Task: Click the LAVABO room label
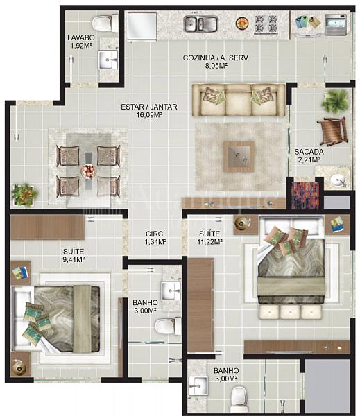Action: pos(81,37)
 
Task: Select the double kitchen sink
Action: pos(201,24)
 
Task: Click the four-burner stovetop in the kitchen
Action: pos(266,24)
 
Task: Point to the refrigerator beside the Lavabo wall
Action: pos(142,26)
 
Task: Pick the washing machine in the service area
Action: pos(336,25)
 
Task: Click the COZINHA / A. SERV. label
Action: pos(216,58)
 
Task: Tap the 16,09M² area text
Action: pos(148,115)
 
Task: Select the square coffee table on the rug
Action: pos(239,157)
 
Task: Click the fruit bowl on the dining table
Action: pos(88,171)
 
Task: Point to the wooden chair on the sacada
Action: pos(332,131)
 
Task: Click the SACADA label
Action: pos(309,152)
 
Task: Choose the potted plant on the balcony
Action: pos(334,101)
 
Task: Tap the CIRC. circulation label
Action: pos(155,234)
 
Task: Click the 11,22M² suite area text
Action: pos(209,242)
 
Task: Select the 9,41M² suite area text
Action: pos(74,259)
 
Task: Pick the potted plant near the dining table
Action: pos(25,194)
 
